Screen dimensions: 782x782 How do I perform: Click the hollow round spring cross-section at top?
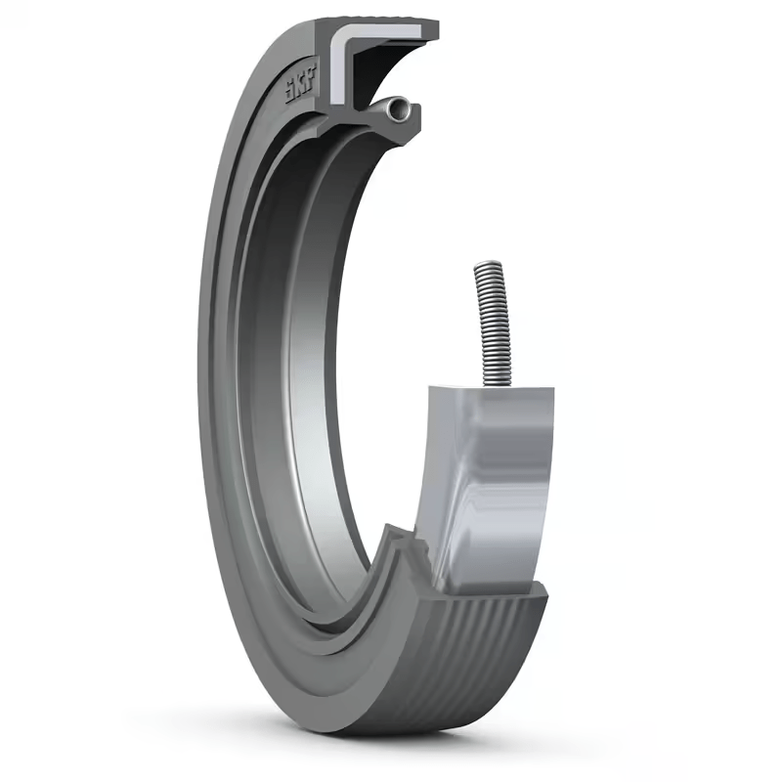point(395,112)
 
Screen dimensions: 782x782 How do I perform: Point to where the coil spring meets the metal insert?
point(486,385)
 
